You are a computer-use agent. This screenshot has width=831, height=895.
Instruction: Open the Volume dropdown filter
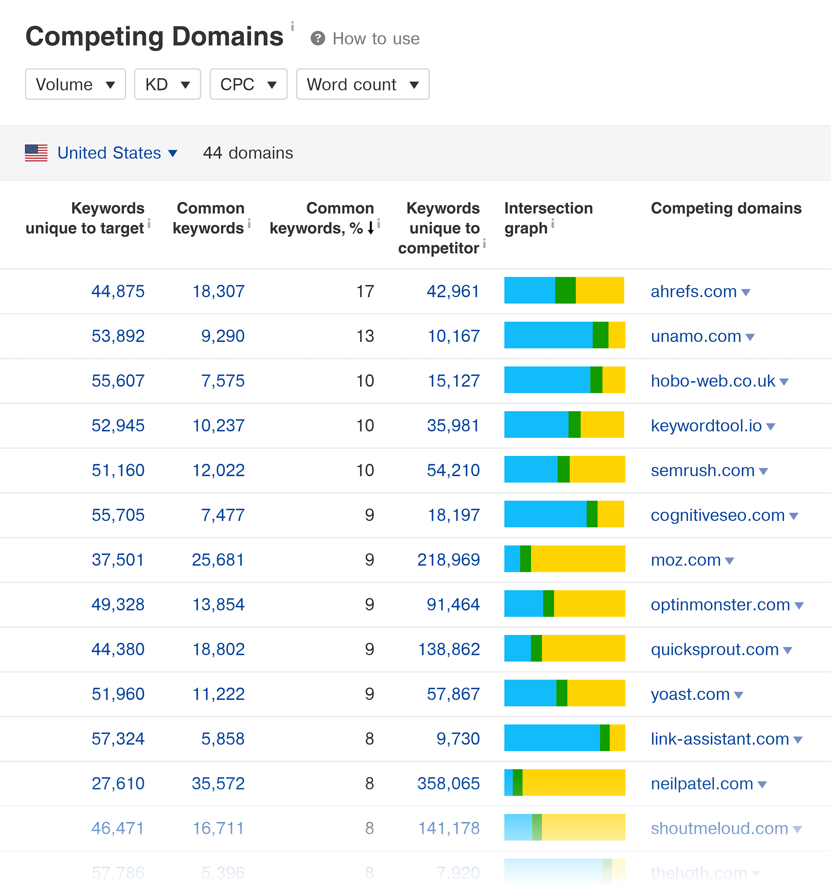click(75, 84)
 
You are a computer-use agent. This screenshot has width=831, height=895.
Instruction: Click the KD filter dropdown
click(167, 84)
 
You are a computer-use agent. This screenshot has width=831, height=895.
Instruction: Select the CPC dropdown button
click(248, 84)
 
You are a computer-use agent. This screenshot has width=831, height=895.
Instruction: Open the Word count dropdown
click(362, 84)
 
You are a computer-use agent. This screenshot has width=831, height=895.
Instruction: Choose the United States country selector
click(109, 153)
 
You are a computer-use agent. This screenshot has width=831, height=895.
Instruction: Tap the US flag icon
click(36, 153)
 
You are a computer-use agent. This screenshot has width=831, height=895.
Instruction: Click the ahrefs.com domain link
click(693, 292)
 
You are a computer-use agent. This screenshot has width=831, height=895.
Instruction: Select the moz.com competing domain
click(685, 560)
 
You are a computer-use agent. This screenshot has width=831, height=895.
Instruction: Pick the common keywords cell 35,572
click(218, 783)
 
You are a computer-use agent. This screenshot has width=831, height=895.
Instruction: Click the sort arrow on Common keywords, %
click(371, 228)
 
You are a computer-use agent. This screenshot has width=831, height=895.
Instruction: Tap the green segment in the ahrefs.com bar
click(565, 290)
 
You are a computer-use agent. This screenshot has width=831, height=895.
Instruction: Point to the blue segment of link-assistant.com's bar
click(551, 738)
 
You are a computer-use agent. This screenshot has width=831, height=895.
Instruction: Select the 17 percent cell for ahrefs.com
click(365, 292)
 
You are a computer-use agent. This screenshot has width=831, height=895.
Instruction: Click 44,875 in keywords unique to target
click(118, 292)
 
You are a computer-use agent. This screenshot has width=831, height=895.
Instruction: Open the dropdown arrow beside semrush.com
click(763, 471)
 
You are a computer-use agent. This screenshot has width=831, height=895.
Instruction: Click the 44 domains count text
click(248, 153)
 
